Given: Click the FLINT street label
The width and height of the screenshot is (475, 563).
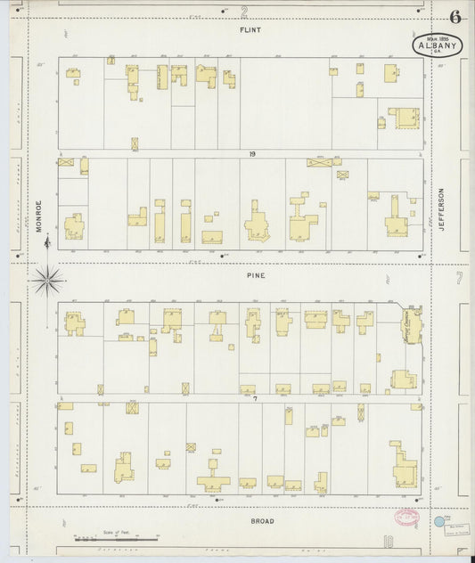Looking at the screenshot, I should [x=249, y=29].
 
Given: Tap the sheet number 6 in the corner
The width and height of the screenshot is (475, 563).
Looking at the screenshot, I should [x=455, y=17].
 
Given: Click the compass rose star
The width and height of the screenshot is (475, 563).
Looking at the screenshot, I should [x=47, y=281].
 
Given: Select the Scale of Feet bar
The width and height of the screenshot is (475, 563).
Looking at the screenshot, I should [x=116, y=538].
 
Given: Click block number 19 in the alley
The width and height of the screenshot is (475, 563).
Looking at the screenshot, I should [x=252, y=154].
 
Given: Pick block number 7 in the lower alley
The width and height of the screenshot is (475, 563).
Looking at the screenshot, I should [x=254, y=398].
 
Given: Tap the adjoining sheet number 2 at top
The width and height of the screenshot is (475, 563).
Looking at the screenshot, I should [x=244, y=11].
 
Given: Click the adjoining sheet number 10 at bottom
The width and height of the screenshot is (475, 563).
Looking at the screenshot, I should [x=389, y=541].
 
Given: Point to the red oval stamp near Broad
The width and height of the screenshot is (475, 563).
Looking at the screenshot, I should [x=407, y=517].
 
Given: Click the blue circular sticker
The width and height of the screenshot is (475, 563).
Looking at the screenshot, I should [x=438, y=521].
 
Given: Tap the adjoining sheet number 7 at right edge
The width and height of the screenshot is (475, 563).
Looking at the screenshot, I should [x=460, y=280].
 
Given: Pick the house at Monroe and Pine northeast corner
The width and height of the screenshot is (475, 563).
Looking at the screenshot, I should [x=74, y=226].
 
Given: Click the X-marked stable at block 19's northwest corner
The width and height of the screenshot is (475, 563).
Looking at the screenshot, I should [x=65, y=162].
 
